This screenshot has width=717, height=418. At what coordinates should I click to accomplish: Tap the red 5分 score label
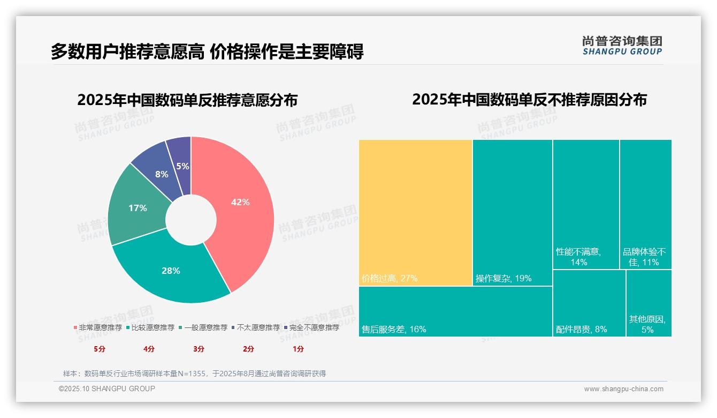point(100,349)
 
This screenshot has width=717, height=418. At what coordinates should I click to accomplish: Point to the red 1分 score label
point(298,349)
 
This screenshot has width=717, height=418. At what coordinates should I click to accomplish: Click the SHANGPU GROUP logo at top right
point(622,46)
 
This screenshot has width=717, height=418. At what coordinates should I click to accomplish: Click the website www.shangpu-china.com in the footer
point(623,389)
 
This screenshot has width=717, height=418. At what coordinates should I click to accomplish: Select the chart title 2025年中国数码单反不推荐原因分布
point(529,100)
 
